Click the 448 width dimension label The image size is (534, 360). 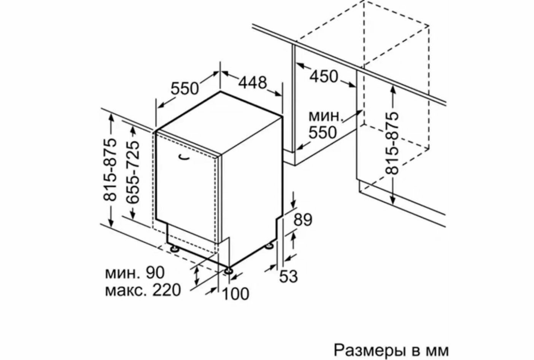tap(253, 83)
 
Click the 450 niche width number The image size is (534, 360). tap(323, 76)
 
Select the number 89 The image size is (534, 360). tap(303, 220)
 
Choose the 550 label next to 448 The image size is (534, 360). tap(184, 89)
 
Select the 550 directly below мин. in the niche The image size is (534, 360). tap(322, 132)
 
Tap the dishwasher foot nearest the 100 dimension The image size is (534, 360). tap(229, 271)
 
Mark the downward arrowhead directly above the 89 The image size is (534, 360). tap(293, 205)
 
